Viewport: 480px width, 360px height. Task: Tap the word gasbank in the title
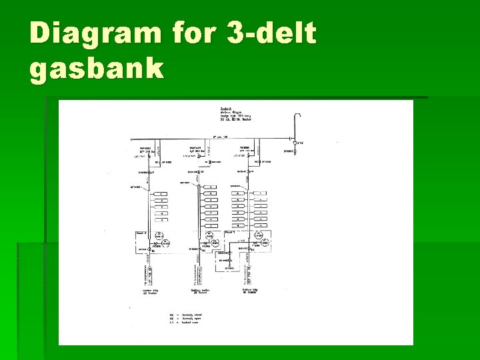click(97, 68)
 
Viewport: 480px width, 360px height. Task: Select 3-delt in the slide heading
click(271, 33)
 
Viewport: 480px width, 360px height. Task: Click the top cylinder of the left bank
click(161, 193)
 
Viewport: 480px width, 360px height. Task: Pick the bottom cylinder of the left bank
click(161, 221)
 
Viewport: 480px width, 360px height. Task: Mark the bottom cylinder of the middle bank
click(211, 226)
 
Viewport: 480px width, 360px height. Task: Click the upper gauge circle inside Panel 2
click(159, 235)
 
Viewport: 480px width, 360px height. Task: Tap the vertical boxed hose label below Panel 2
click(151, 271)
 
